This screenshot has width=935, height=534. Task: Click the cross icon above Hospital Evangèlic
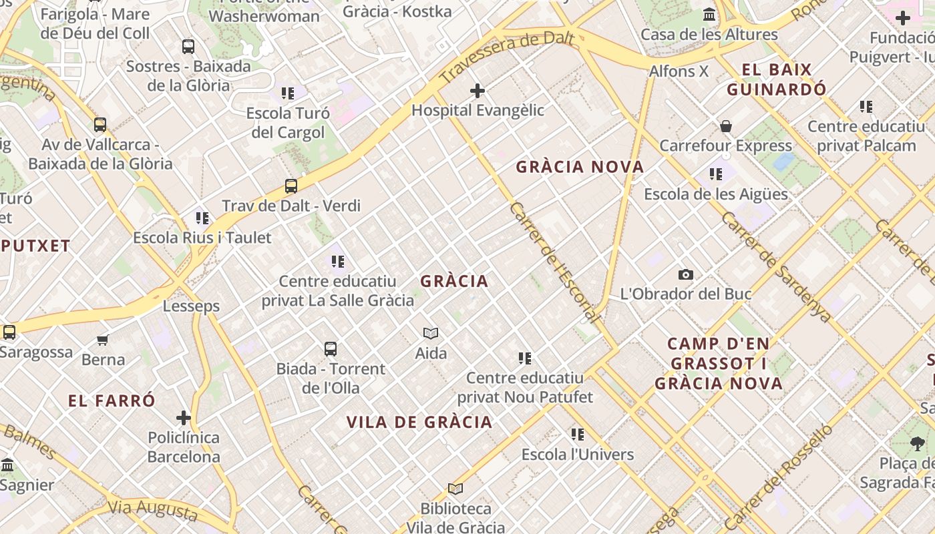pyautogui.click(x=478, y=91)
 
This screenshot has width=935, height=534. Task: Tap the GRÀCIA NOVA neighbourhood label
pyautogui.click(x=580, y=167)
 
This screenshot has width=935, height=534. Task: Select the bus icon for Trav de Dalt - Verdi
pyautogui.click(x=291, y=186)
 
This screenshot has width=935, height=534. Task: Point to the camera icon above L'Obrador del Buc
pyautogui.click(x=685, y=274)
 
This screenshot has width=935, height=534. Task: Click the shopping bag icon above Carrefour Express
pyautogui.click(x=725, y=126)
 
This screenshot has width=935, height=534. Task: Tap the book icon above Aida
pyautogui.click(x=431, y=333)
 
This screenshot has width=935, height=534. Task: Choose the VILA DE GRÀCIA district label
pyautogui.click(x=419, y=422)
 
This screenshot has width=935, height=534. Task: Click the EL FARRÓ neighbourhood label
pyautogui.click(x=112, y=400)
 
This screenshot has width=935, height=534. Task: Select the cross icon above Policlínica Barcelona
pyautogui.click(x=184, y=419)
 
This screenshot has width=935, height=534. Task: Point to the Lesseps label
pyautogui.click(x=191, y=306)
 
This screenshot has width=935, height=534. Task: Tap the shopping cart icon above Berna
pyautogui.click(x=103, y=340)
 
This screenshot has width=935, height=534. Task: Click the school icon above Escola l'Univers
pyautogui.click(x=578, y=435)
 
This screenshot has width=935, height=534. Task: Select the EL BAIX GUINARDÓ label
pyautogui.click(x=777, y=79)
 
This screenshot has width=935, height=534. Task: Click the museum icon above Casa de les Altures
pyautogui.click(x=709, y=15)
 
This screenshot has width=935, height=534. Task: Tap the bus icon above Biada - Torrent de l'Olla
pyautogui.click(x=331, y=349)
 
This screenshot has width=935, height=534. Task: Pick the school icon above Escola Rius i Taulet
pyautogui.click(x=202, y=218)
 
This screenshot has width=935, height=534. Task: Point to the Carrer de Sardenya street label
pyautogui.click(x=776, y=267)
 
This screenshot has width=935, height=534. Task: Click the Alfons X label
pyautogui.click(x=679, y=71)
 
